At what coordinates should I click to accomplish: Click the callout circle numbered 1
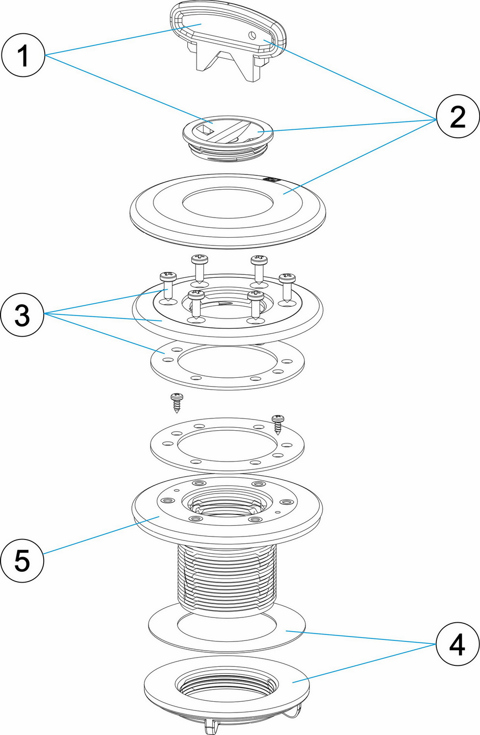tap(23, 55)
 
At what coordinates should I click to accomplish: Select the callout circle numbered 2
tap(457, 116)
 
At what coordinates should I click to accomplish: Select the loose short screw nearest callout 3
tap(177, 403)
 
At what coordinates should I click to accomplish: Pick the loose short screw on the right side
tap(278, 425)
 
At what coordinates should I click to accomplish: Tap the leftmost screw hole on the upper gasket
tap(168, 360)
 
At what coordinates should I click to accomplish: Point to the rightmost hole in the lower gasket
tap(287, 445)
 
